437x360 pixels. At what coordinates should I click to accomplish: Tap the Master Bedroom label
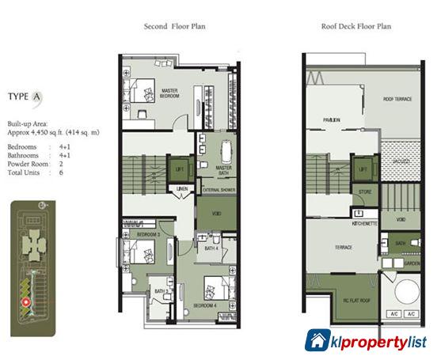[x=169, y=93]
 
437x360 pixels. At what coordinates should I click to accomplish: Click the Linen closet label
[x=183, y=189]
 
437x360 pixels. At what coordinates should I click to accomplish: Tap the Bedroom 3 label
[x=148, y=235]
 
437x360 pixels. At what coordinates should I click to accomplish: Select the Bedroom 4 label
[x=205, y=304]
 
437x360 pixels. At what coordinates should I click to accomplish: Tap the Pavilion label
[x=331, y=120]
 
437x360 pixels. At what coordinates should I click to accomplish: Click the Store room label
[x=365, y=191]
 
